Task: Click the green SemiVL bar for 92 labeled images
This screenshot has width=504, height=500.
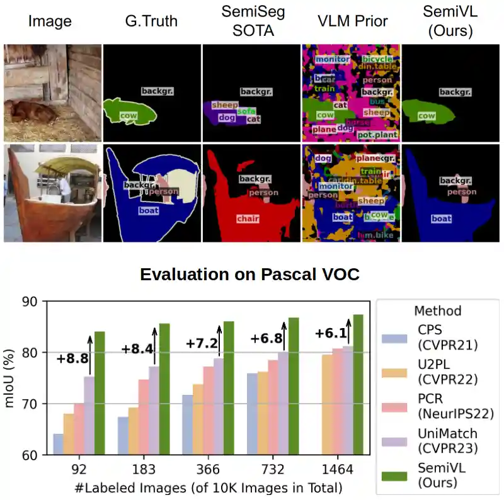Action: pos(100,393)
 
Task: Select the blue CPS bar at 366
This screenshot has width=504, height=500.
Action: pos(187,424)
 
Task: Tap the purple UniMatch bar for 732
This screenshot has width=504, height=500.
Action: pos(283,403)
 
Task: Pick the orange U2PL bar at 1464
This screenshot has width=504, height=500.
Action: pos(328,404)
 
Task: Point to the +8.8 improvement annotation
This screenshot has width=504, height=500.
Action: pos(72,359)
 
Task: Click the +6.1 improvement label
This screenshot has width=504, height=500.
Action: pos(331,334)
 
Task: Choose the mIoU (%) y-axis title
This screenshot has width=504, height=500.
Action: pos(10,377)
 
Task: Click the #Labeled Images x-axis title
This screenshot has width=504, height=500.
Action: pos(209,487)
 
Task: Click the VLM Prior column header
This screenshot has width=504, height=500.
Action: pos(351,21)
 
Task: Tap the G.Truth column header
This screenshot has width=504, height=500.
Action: pos(151,21)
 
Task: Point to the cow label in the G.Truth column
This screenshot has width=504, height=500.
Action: pos(129,116)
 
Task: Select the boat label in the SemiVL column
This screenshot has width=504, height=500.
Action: pos(442,219)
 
